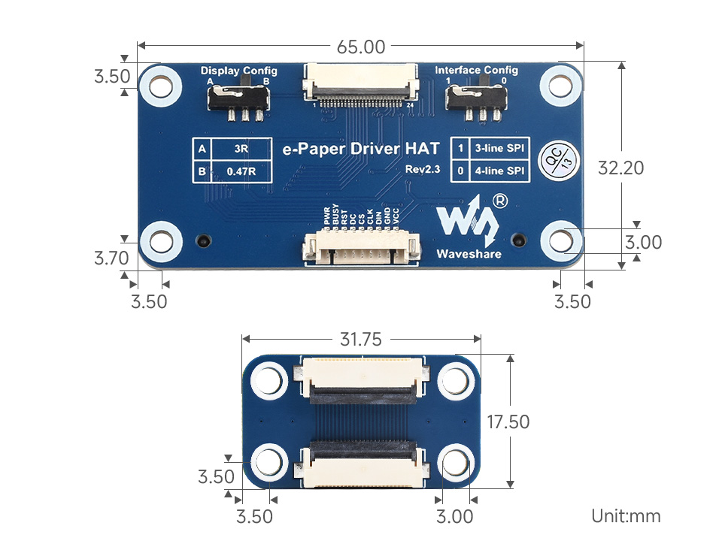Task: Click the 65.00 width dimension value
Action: (361, 47)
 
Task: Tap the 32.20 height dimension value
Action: (620, 168)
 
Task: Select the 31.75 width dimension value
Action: (360, 340)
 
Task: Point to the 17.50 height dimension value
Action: (508, 422)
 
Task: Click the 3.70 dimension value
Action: (111, 258)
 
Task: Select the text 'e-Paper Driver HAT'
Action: (351, 148)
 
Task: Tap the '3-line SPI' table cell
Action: (499, 148)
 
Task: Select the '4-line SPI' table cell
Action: (499, 171)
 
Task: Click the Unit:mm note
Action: (625, 515)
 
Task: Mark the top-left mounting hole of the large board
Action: (161, 85)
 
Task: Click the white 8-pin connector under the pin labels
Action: (360, 249)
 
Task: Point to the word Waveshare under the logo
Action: (468, 253)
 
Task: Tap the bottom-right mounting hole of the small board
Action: (455, 462)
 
